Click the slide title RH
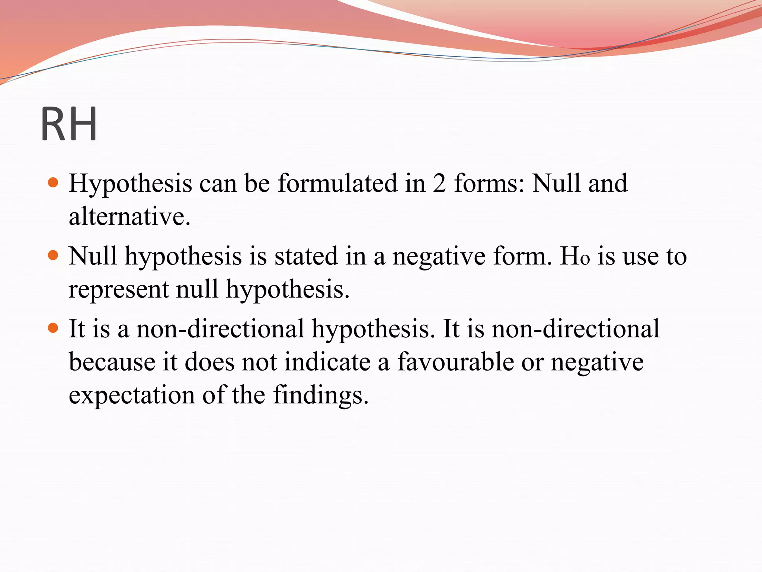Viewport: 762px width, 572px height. [x=69, y=124]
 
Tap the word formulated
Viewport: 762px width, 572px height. [x=337, y=183]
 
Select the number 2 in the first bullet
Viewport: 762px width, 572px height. [x=439, y=183]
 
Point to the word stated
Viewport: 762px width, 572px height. [x=306, y=256]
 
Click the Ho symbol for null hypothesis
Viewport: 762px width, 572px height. [x=575, y=256]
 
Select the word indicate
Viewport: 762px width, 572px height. [x=327, y=362]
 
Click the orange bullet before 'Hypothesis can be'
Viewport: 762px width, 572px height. [x=54, y=182]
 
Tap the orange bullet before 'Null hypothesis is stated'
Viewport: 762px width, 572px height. [x=54, y=255]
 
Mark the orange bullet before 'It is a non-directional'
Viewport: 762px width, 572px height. [x=54, y=328]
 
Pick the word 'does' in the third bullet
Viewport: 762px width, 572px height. [x=210, y=362]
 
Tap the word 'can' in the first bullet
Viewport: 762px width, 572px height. [x=218, y=184]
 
